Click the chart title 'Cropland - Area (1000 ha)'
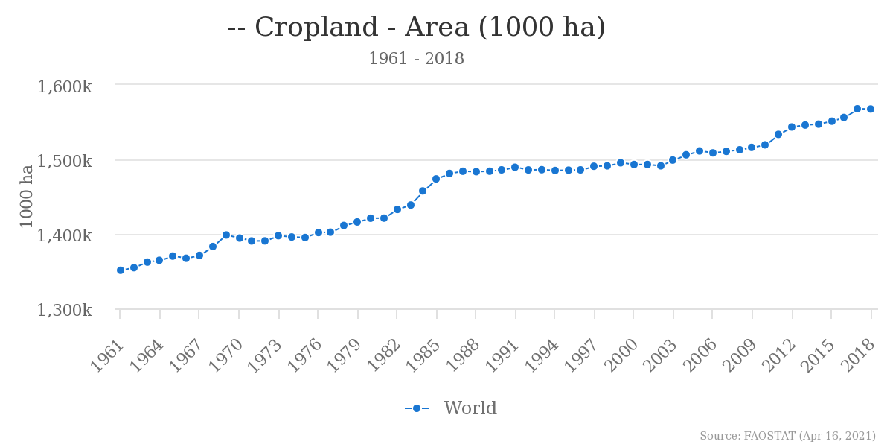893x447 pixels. coord(417,28)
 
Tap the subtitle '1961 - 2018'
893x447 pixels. coord(416,59)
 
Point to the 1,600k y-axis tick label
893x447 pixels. coord(65,86)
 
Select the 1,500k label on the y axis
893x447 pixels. coord(65,161)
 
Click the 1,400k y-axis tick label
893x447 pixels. coord(65,235)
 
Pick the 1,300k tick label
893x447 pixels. coord(65,310)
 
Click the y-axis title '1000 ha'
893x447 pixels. coord(27,196)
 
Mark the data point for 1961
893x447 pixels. coord(121,270)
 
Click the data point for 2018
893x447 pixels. coord(871,109)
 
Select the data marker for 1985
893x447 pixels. coord(436,179)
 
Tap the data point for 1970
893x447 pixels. coord(240,238)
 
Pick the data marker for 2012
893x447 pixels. coord(792,127)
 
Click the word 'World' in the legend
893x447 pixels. coord(470,408)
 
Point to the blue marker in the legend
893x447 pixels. coord(417,408)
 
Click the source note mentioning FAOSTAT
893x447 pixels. coord(787,436)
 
